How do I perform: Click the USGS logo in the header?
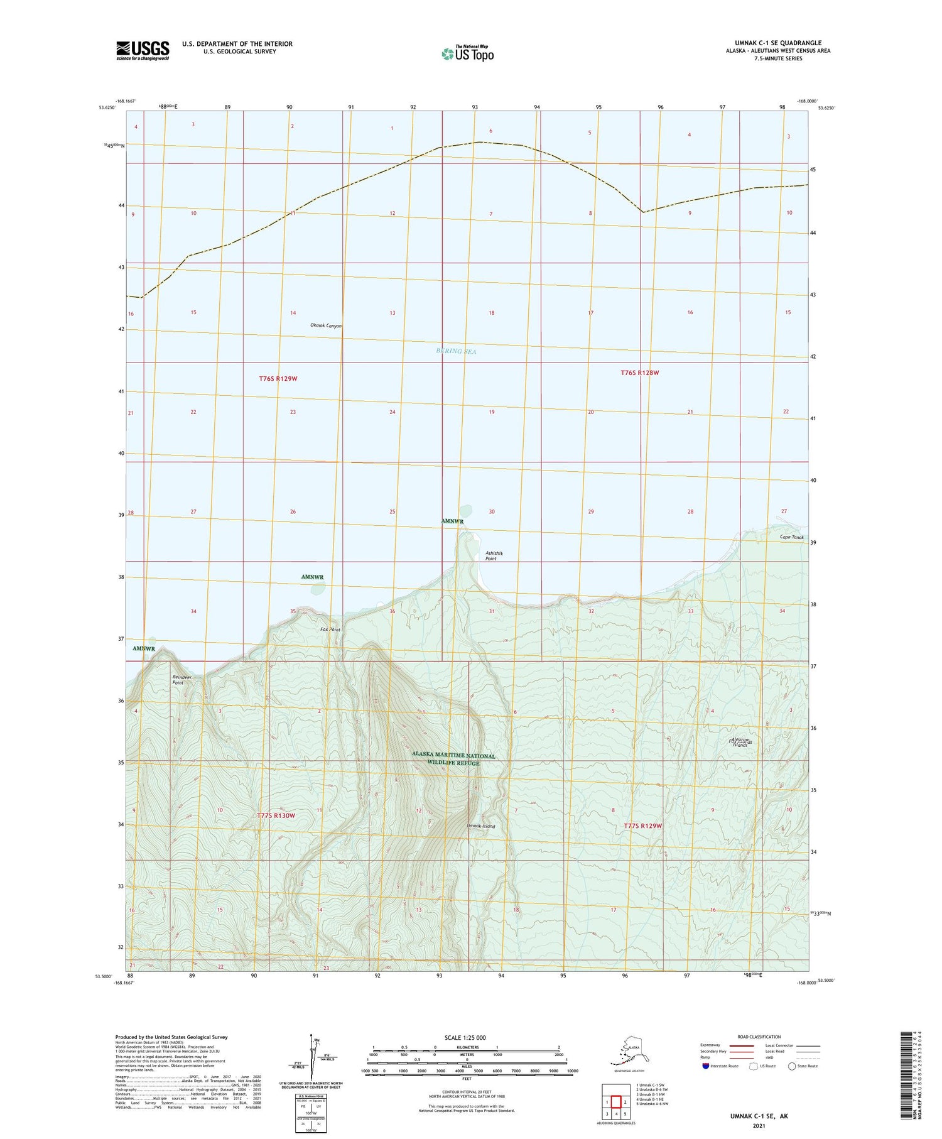[143, 50]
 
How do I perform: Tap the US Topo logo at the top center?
[468, 53]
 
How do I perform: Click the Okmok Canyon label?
[326, 325]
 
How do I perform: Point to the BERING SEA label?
[456, 351]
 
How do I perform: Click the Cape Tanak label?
[791, 537]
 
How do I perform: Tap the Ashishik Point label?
[495, 555]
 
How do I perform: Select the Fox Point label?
[330, 629]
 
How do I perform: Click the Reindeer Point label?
[183, 680]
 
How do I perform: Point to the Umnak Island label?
[481, 826]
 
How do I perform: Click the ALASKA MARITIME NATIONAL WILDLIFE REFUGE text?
[453, 759]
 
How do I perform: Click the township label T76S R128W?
[640, 373]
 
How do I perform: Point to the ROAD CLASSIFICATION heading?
[759, 1037]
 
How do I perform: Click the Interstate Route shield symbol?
[706, 1066]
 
